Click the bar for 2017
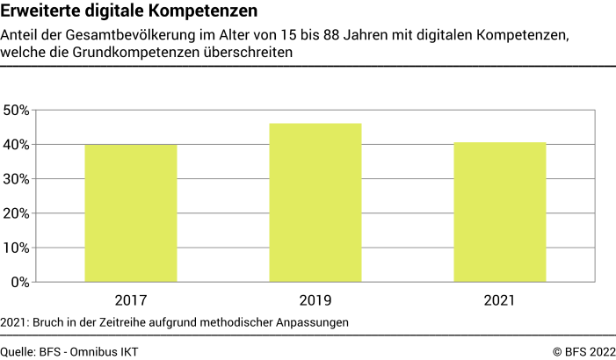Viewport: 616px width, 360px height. (x=130, y=213)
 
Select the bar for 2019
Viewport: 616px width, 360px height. (x=315, y=203)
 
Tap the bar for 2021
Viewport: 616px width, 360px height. (x=499, y=212)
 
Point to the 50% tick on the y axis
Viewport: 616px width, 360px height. (x=17, y=111)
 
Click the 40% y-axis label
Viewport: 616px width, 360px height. (x=17, y=145)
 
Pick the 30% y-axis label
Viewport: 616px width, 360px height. (x=17, y=179)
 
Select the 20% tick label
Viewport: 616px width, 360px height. (x=17, y=213)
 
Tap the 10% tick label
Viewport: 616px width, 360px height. (x=17, y=248)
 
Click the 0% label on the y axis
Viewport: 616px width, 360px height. (x=20, y=282)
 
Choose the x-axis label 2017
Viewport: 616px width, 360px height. (x=130, y=300)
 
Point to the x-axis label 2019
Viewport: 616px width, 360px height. (x=315, y=300)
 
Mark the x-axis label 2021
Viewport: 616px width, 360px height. (x=499, y=300)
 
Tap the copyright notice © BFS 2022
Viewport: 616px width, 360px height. (x=579, y=351)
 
